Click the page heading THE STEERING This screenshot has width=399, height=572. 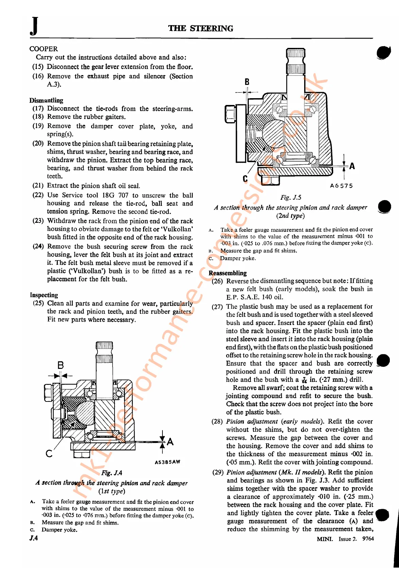[x=201, y=29]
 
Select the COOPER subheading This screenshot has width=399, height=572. [x=44, y=49]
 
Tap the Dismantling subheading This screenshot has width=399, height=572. [x=46, y=100]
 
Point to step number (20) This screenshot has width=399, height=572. [x=38, y=144]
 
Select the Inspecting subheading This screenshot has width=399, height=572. [x=44, y=295]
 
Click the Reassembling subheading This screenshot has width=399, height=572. [x=227, y=273]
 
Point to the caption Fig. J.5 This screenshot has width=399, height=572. [x=291, y=197]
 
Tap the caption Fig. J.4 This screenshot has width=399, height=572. [x=111, y=473]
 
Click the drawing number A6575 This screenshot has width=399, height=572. [x=341, y=186]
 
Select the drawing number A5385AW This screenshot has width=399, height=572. [x=167, y=462]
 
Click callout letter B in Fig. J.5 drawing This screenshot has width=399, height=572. [x=247, y=82]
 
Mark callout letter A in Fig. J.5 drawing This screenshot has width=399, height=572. [x=352, y=166]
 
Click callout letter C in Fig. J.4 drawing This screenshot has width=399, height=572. [x=49, y=453]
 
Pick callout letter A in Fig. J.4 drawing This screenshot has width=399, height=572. [x=170, y=442]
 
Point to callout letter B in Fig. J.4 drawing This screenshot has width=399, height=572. [x=60, y=365]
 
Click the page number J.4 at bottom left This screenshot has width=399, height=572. [x=33, y=538]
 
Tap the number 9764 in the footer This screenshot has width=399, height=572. [x=368, y=539]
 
